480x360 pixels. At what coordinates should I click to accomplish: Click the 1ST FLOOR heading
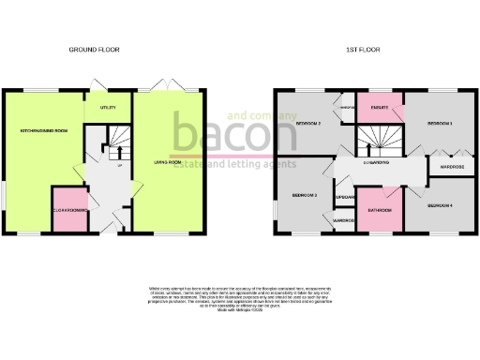(x=362, y=49)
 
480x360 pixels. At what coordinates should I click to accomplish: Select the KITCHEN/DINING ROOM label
(x=44, y=130)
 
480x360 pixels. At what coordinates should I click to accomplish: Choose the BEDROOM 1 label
(x=440, y=123)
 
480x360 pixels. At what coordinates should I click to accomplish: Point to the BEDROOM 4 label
(x=440, y=204)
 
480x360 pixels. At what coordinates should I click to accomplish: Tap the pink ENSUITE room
(x=380, y=108)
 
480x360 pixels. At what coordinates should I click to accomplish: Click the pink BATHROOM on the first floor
(x=380, y=211)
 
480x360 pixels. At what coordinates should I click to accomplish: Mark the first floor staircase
(x=373, y=141)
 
